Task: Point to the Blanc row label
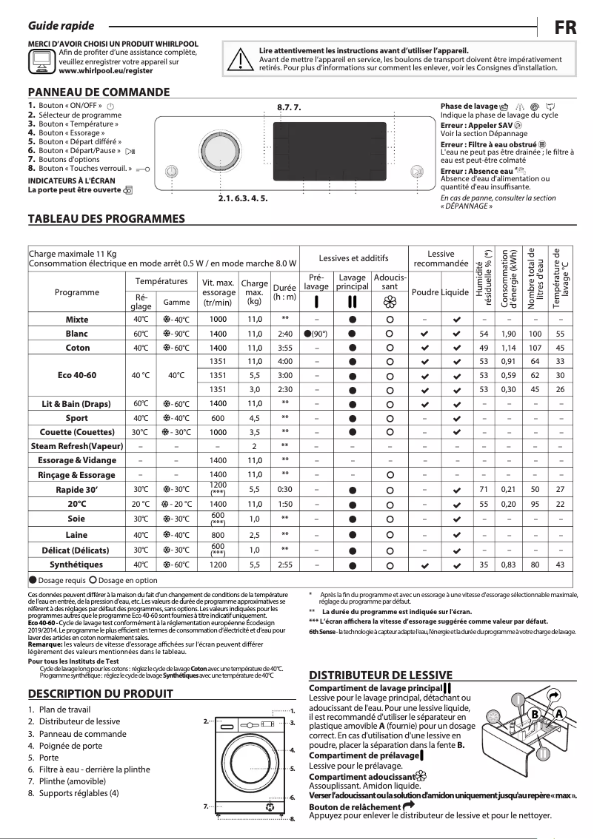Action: pos(77,334)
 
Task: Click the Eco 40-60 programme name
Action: pos(77,375)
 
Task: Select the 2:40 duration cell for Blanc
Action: pos(284,334)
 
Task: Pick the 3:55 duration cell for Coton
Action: pos(284,348)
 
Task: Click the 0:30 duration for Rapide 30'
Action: pos(284,490)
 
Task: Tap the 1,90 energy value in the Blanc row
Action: pos(508,334)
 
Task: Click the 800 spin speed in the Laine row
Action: pos(218,535)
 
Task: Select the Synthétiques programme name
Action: pos(77,565)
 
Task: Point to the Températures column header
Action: pos(161,282)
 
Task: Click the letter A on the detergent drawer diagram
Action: pos(559,712)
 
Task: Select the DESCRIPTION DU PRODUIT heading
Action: pos(100,693)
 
